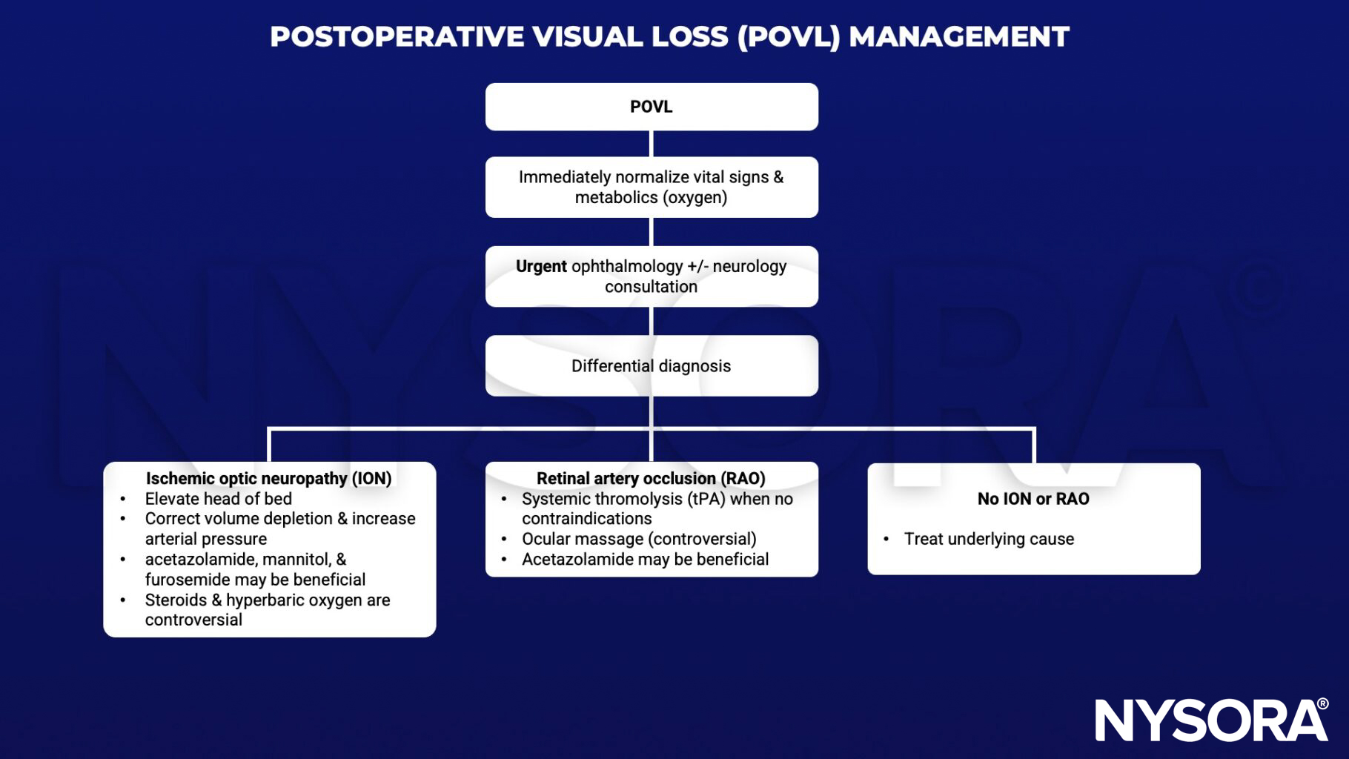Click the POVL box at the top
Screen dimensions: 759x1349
coord(651,107)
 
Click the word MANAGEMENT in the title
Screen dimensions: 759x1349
coord(958,36)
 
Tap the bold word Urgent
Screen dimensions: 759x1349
coord(541,266)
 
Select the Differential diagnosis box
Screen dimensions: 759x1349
coord(651,365)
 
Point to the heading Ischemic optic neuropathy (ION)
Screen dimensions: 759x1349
coord(268,479)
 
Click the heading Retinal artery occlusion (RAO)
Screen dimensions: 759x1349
coord(651,479)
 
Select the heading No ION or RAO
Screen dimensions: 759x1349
coord(1033,499)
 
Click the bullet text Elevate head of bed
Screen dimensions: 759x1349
coord(218,499)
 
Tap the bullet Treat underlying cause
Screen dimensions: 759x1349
coord(989,539)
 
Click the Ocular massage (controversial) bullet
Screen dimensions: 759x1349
coord(639,539)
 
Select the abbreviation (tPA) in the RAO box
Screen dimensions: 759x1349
coord(706,499)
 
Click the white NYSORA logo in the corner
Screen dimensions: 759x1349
coord(1211,720)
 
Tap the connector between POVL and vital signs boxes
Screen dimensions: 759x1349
coord(651,144)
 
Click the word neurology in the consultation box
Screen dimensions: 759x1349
coord(749,266)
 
